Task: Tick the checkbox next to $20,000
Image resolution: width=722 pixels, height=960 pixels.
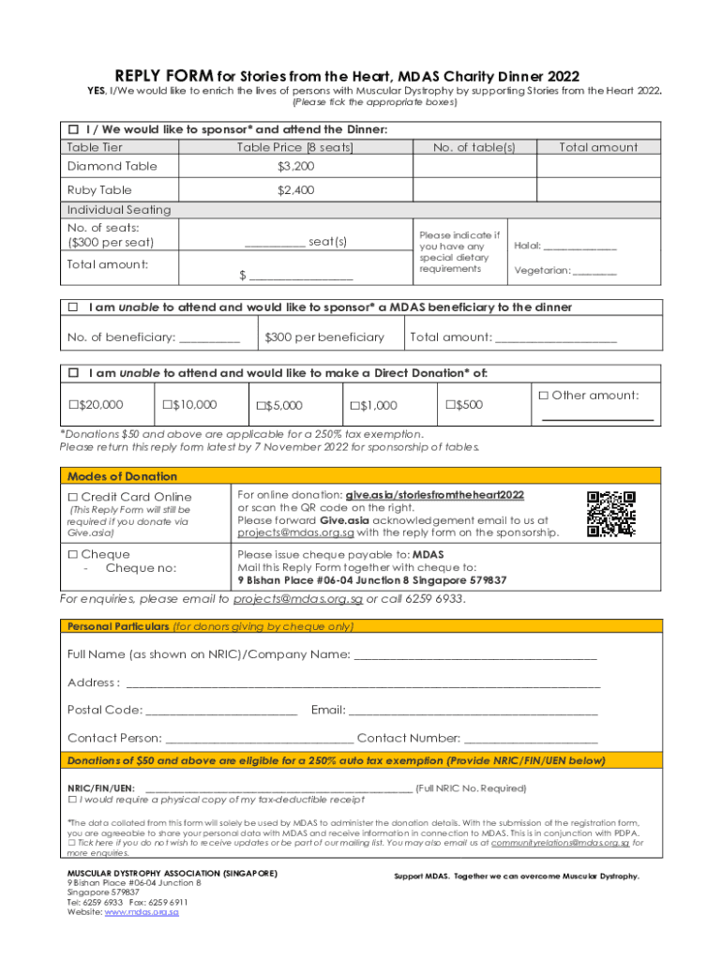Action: [x=73, y=405]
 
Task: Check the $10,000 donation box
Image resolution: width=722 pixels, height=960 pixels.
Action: [x=166, y=405]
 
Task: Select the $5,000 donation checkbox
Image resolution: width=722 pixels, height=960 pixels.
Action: [x=260, y=406]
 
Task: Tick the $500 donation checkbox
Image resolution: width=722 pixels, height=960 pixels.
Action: [x=449, y=405]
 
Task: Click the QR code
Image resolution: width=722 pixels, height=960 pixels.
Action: [x=610, y=514]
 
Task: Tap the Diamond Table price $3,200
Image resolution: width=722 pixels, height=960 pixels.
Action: [x=295, y=166]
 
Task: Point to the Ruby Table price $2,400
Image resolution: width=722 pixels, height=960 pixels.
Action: [x=295, y=190]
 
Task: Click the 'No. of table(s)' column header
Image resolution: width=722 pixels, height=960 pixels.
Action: [x=474, y=147]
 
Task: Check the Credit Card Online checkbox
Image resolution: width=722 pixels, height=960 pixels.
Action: [x=73, y=497]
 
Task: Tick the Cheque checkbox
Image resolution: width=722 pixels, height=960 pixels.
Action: [x=73, y=555]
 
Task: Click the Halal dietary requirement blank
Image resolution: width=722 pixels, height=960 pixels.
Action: [x=580, y=248]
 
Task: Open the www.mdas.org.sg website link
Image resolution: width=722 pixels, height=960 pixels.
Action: [x=142, y=911]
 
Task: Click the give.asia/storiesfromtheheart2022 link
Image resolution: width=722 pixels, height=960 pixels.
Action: [x=435, y=494]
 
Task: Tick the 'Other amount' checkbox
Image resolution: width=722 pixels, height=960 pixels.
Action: [x=543, y=396]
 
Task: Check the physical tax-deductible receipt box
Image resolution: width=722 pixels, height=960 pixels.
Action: [x=72, y=801]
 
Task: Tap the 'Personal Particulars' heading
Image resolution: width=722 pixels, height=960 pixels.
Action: [x=117, y=625]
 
